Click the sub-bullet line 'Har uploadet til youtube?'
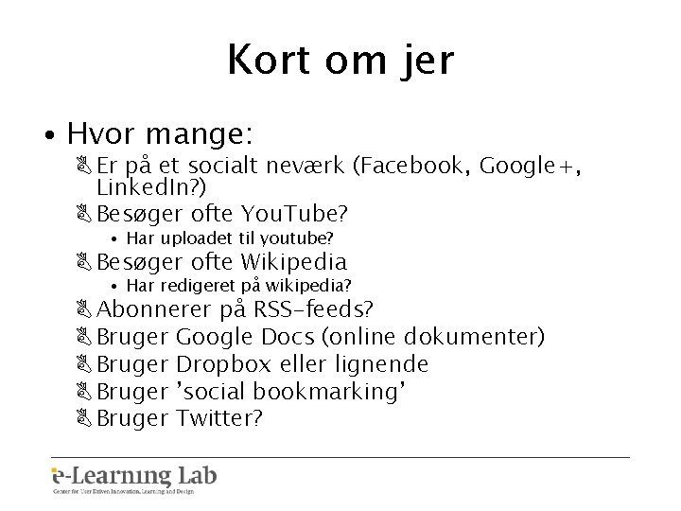[x=233, y=238]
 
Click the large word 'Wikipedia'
[x=294, y=261]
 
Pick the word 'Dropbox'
[x=224, y=364]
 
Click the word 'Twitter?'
[x=219, y=418]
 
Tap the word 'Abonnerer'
[x=154, y=309]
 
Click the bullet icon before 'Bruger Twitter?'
[x=83, y=418]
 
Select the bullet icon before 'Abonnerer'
[x=83, y=309]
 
